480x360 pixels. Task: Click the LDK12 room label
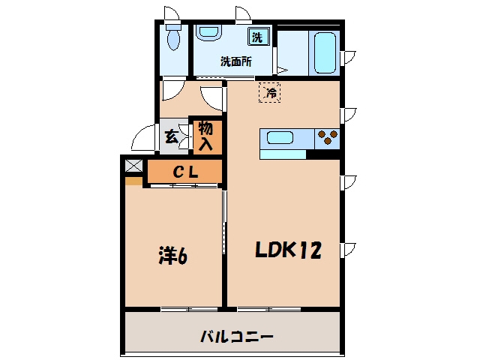point(288,250)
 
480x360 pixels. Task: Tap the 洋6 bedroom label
point(173,256)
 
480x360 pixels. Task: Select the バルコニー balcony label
point(236,337)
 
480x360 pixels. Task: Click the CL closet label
point(185,172)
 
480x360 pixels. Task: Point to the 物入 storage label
point(205,136)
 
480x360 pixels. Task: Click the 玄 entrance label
point(172,136)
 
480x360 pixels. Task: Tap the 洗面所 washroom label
point(236,61)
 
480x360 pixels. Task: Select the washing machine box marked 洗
point(259,37)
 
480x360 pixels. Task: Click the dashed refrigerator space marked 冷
point(270,92)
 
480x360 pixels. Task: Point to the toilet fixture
point(173,37)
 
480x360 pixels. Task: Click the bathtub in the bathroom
point(325,52)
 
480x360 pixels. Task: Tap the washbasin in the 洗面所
point(208,33)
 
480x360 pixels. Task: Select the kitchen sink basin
point(280,138)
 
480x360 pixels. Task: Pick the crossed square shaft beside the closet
point(133,166)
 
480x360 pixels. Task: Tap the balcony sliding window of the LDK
point(268,309)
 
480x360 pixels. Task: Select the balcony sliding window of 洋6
point(190,309)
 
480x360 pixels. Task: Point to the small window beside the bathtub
point(348,57)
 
